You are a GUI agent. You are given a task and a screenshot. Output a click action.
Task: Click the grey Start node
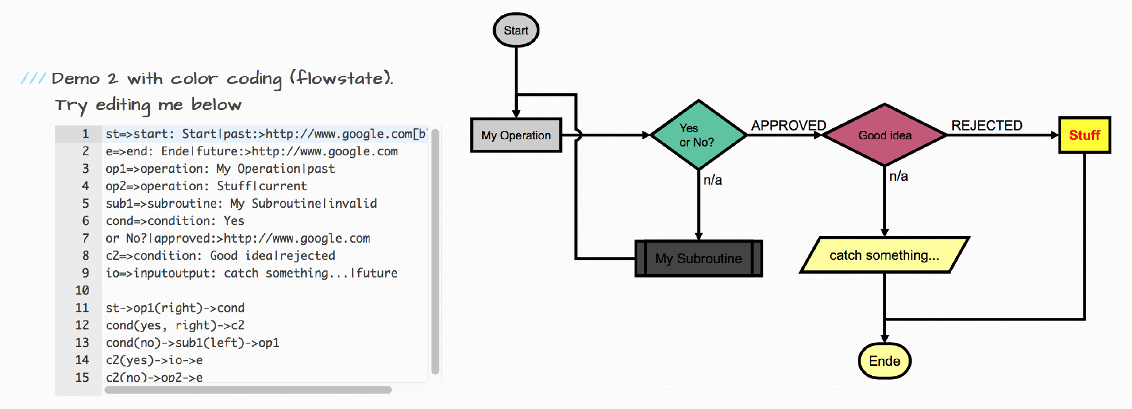[x=516, y=30]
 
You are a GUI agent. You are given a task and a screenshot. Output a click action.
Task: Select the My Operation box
[x=516, y=135]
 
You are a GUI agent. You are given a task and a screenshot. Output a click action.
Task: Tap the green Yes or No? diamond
[x=698, y=135]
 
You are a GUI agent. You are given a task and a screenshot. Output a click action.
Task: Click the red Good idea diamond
[x=884, y=135]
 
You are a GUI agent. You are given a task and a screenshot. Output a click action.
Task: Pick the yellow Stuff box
[x=1084, y=135]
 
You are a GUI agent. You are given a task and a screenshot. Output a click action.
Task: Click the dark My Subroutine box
[x=698, y=258]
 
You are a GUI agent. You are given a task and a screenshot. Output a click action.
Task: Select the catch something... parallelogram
[x=884, y=255]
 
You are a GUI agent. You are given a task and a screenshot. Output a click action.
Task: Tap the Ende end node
[x=884, y=361]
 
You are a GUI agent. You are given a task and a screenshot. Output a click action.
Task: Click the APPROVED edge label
[x=788, y=125]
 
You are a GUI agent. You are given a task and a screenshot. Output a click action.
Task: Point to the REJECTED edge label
[x=987, y=125]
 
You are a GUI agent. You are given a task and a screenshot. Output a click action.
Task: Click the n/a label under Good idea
[x=898, y=176]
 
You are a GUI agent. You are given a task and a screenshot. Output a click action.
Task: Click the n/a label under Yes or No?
[x=712, y=180]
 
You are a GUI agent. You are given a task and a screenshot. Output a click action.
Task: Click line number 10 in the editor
[x=82, y=290]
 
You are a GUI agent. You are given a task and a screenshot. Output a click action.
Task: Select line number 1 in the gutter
[x=86, y=134]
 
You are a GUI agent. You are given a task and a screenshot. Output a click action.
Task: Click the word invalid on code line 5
[x=353, y=203]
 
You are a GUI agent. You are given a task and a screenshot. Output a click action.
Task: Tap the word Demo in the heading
[x=76, y=78]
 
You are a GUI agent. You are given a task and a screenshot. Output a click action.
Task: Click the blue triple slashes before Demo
[x=33, y=78]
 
